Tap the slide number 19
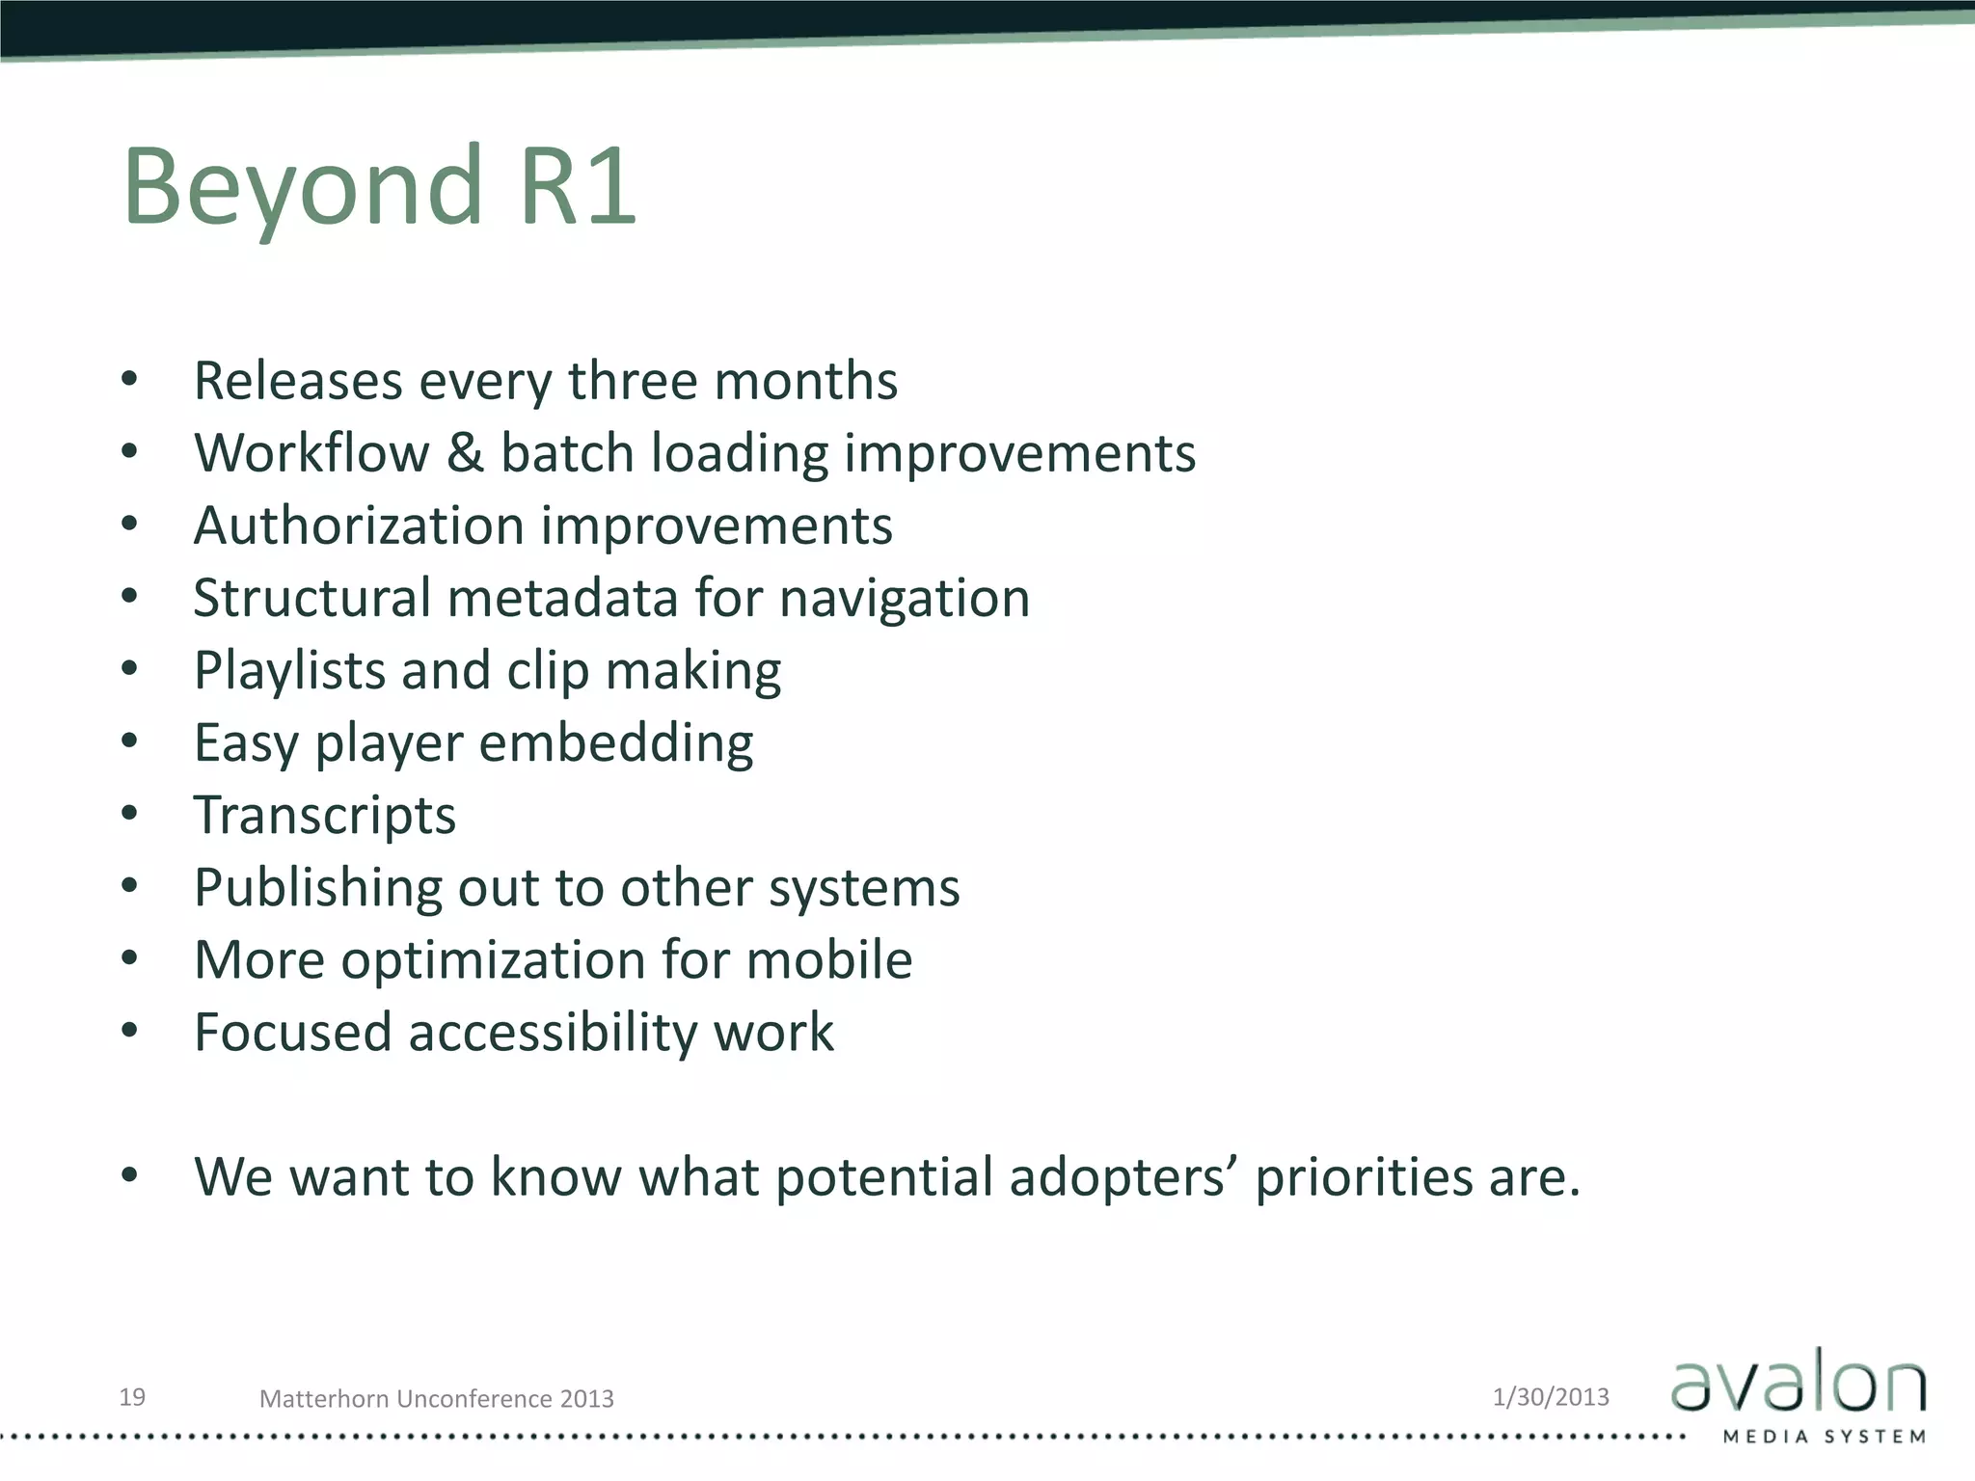(x=132, y=1396)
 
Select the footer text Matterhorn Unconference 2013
(x=436, y=1398)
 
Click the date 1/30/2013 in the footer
(x=1551, y=1396)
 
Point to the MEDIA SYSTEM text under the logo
(x=1824, y=1437)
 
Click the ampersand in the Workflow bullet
(x=465, y=453)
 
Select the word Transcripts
(x=325, y=816)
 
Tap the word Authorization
(x=359, y=526)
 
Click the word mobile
(x=828, y=960)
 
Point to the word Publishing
(x=317, y=888)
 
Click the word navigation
(x=904, y=599)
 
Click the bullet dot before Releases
(x=130, y=380)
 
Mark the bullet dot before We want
(x=130, y=1175)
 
